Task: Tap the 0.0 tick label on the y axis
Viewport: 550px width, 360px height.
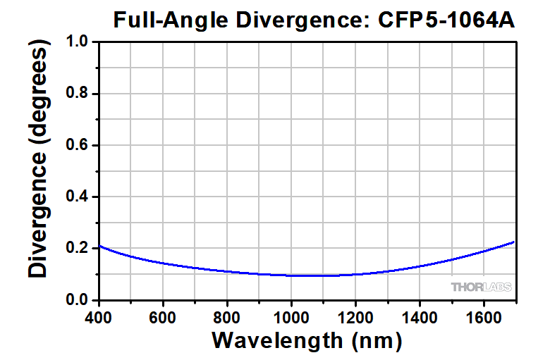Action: tap(80, 300)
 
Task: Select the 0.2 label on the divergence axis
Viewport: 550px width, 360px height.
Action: tap(80, 248)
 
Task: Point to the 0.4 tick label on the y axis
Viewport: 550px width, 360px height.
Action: tap(80, 197)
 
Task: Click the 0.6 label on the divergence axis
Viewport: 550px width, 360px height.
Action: tap(80, 145)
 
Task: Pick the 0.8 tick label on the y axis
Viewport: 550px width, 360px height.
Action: tap(80, 94)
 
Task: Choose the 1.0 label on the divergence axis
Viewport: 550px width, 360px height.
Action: tap(80, 42)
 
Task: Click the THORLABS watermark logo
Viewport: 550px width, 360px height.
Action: tap(482, 287)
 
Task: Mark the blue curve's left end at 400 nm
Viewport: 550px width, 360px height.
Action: tap(99, 246)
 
